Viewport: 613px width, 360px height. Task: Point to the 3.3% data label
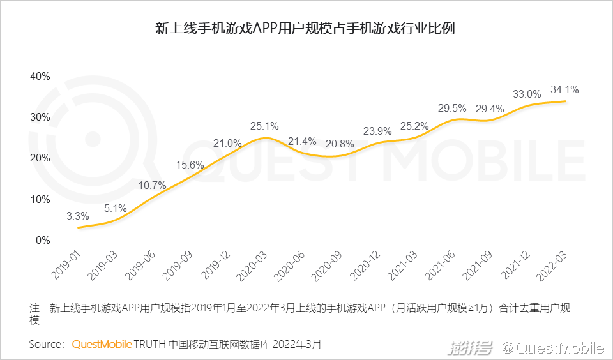[78, 215]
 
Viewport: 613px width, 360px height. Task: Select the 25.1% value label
[264, 126]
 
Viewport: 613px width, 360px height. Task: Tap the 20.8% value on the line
[340, 144]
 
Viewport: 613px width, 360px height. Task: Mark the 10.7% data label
[152, 186]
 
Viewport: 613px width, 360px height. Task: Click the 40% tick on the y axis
[40, 77]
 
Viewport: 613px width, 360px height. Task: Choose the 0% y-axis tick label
[43, 241]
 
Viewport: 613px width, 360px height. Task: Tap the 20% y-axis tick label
[40, 158]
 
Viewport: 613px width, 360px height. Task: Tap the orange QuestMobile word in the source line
[102, 345]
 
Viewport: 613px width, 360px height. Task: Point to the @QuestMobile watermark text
[552, 348]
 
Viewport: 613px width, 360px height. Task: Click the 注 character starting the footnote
[34, 308]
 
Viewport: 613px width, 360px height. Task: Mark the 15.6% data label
[190, 165]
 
